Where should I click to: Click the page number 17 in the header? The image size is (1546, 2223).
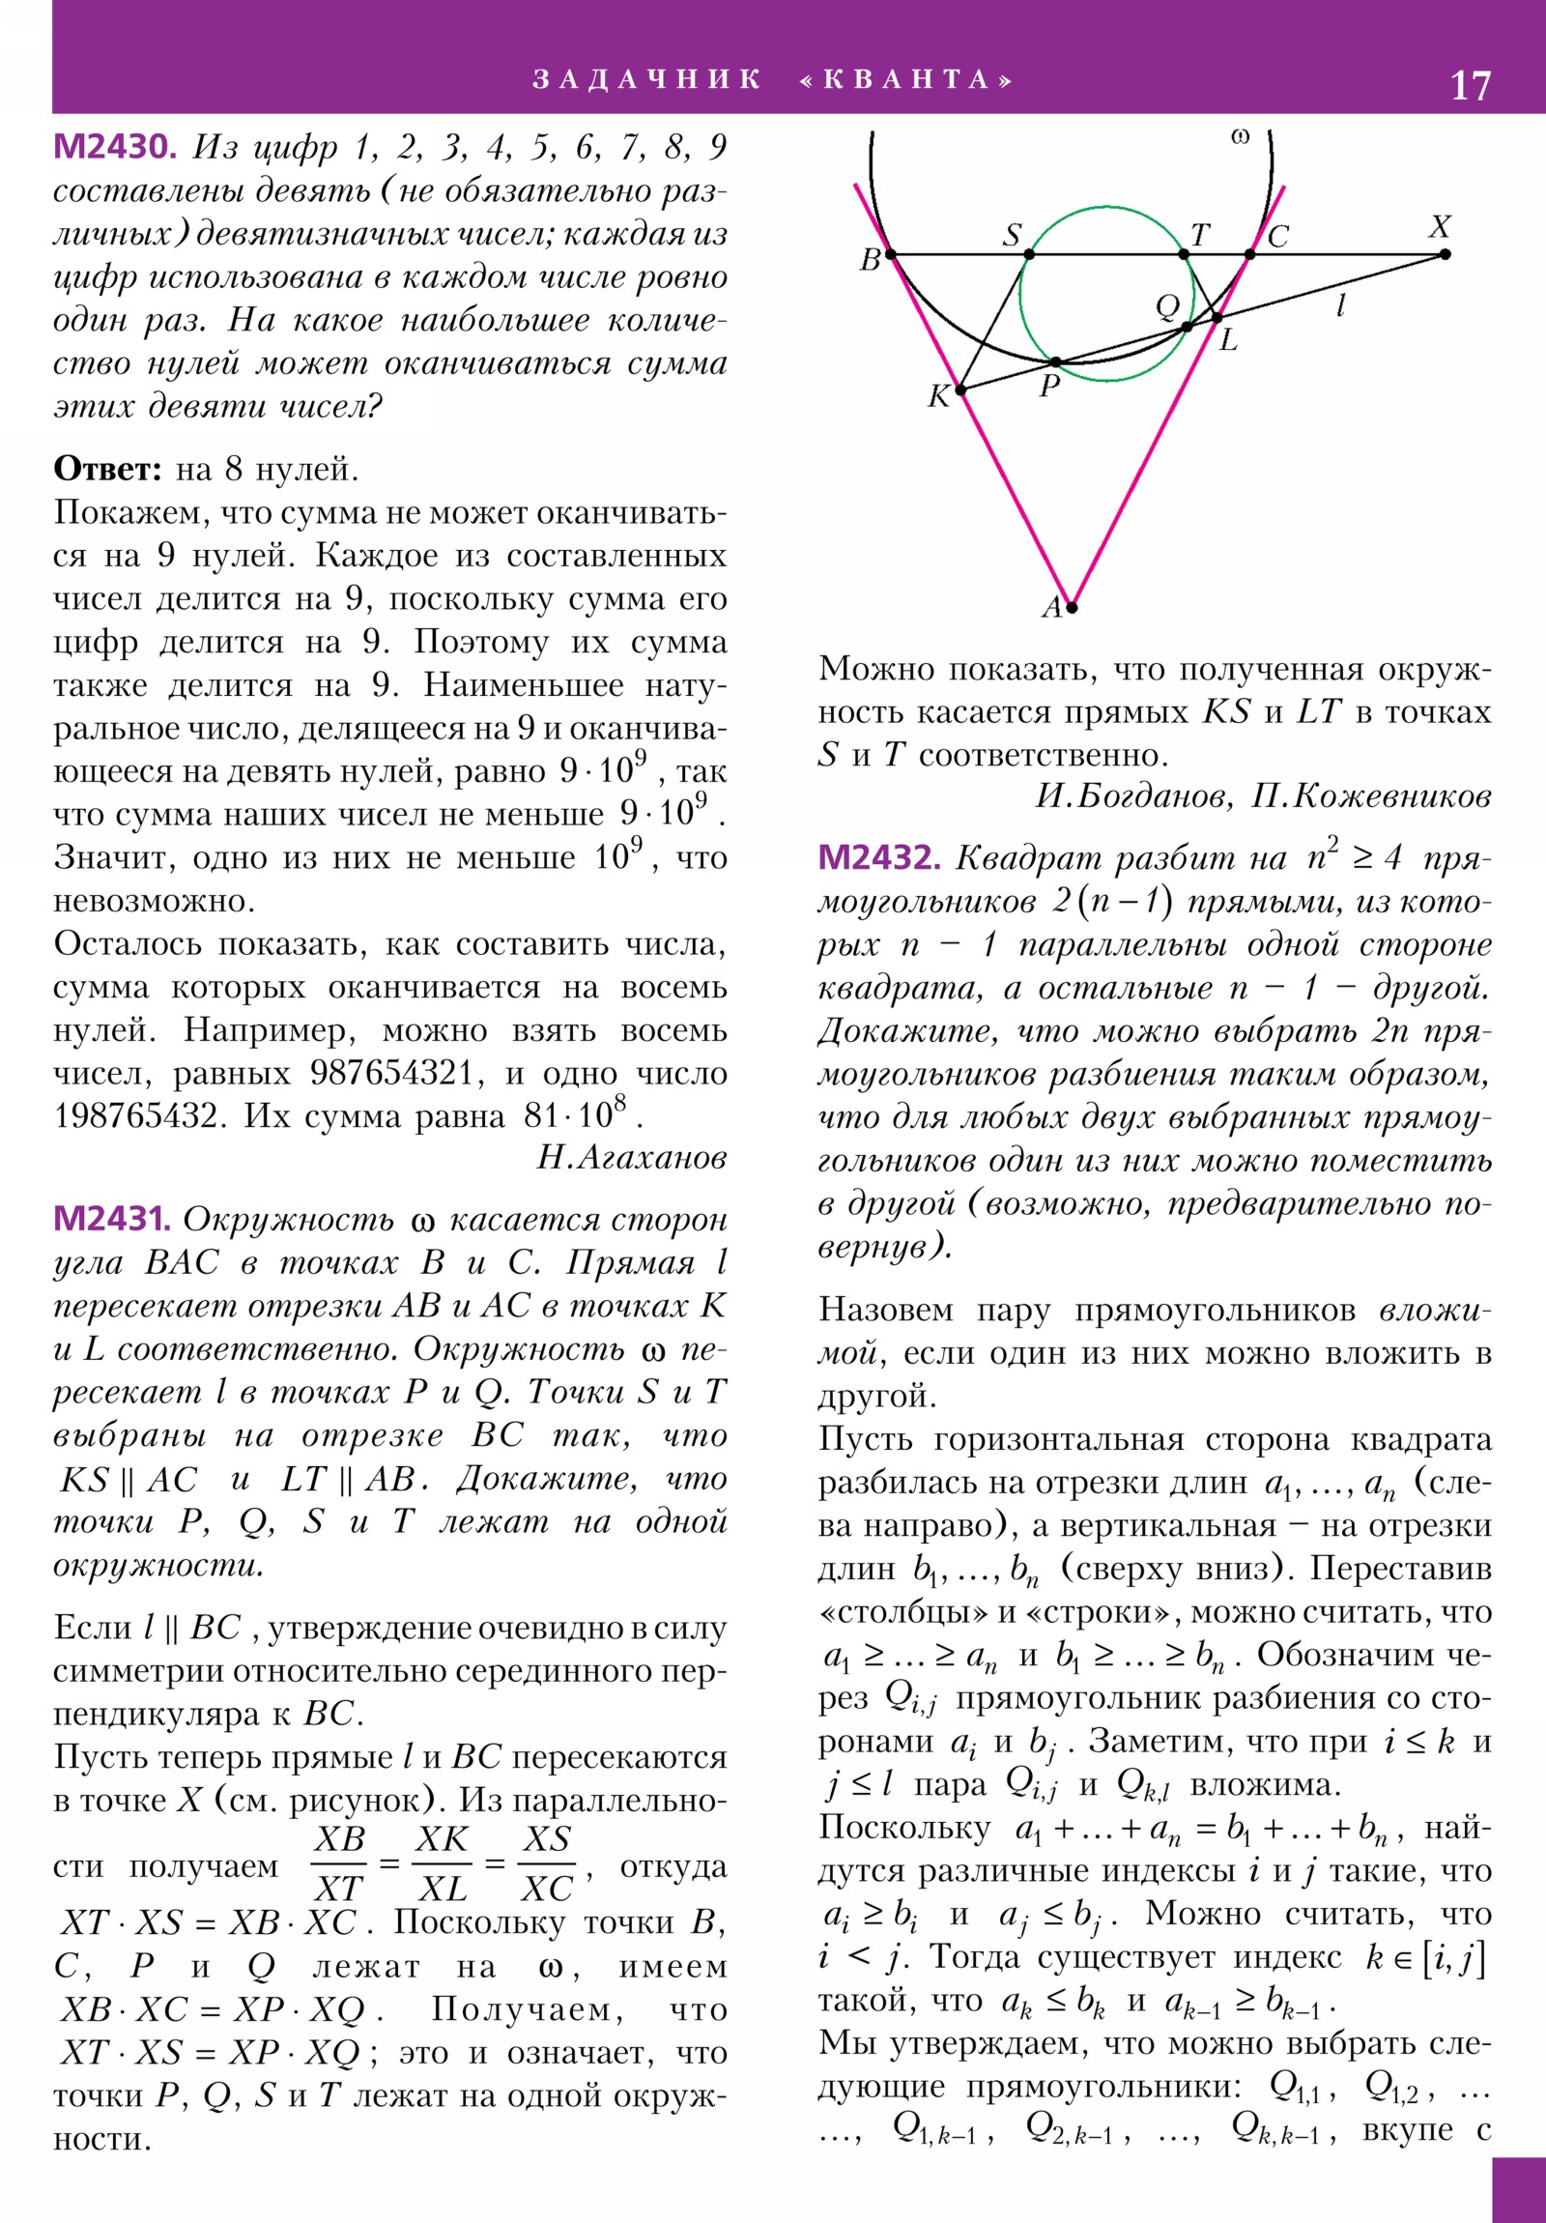(1470, 86)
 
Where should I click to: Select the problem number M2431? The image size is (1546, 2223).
(111, 1219)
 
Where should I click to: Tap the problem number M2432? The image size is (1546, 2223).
(878, 858)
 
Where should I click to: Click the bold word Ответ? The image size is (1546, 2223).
(107, 470)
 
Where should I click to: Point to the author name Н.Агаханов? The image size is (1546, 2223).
(631, 1158)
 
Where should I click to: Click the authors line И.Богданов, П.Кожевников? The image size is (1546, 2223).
(1263, 795)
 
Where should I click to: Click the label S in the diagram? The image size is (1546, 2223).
(1012, 234)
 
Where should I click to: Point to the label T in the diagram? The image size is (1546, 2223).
(1199, 234)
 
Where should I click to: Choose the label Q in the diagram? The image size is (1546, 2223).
(1167, 307)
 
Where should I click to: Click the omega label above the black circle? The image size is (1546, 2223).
(1240, 136)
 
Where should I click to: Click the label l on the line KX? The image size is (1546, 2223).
(1341, 306)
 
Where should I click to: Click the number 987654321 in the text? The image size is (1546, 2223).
(391, 1073)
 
